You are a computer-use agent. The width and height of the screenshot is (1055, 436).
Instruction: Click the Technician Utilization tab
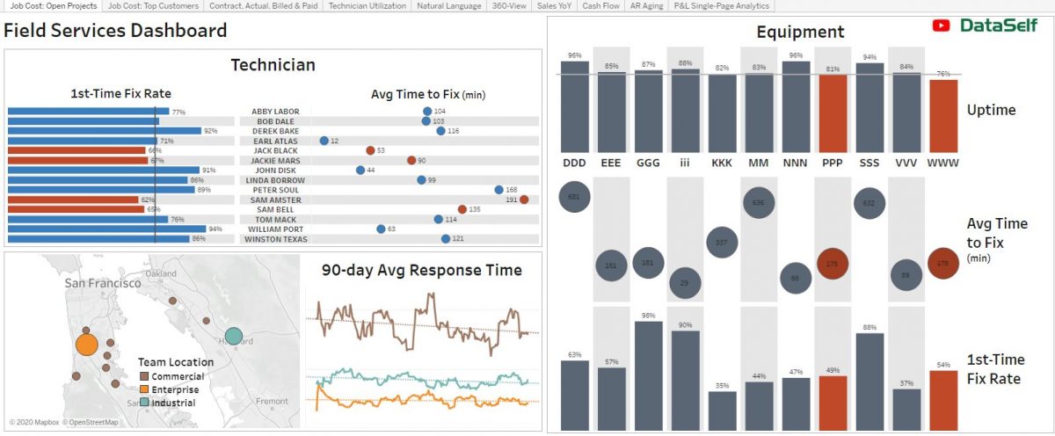click(x=367, y=6)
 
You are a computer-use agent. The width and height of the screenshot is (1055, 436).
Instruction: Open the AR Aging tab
click(x=646, y=6)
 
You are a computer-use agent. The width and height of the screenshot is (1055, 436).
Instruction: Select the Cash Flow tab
click(x=601, y=6)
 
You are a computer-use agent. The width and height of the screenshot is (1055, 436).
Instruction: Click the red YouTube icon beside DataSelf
click(x=942, y=26)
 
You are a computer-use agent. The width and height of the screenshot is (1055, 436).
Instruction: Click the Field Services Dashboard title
click(x=115, y=31)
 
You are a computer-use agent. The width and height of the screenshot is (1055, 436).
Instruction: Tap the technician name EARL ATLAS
click(x=275, y=141)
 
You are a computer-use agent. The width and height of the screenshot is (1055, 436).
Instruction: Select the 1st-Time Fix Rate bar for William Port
click(x=101, y=229)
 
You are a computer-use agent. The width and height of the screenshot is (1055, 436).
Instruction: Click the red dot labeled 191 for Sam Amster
click(x=524, y=200)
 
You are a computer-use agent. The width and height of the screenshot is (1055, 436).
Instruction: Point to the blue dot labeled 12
click(x=324, y=141)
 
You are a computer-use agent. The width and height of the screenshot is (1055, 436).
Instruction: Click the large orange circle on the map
click(x=86, y=344)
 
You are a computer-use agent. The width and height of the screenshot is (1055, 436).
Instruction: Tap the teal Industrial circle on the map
click(x=233, y=336)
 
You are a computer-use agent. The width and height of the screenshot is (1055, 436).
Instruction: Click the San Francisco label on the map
click(x=102, y=283)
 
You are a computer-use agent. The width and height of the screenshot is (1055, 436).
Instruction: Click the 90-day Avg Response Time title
click(x=421, y=270)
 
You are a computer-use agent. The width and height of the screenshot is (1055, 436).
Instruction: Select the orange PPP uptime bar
click(x=832, y=113)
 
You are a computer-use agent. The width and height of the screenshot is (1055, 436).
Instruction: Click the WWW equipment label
click(x=943, y=163)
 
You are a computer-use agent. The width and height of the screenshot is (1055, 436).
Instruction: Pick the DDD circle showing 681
click(x=574, y=197)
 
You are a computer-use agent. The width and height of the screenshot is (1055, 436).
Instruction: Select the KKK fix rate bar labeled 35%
click(x=722, y=410)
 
